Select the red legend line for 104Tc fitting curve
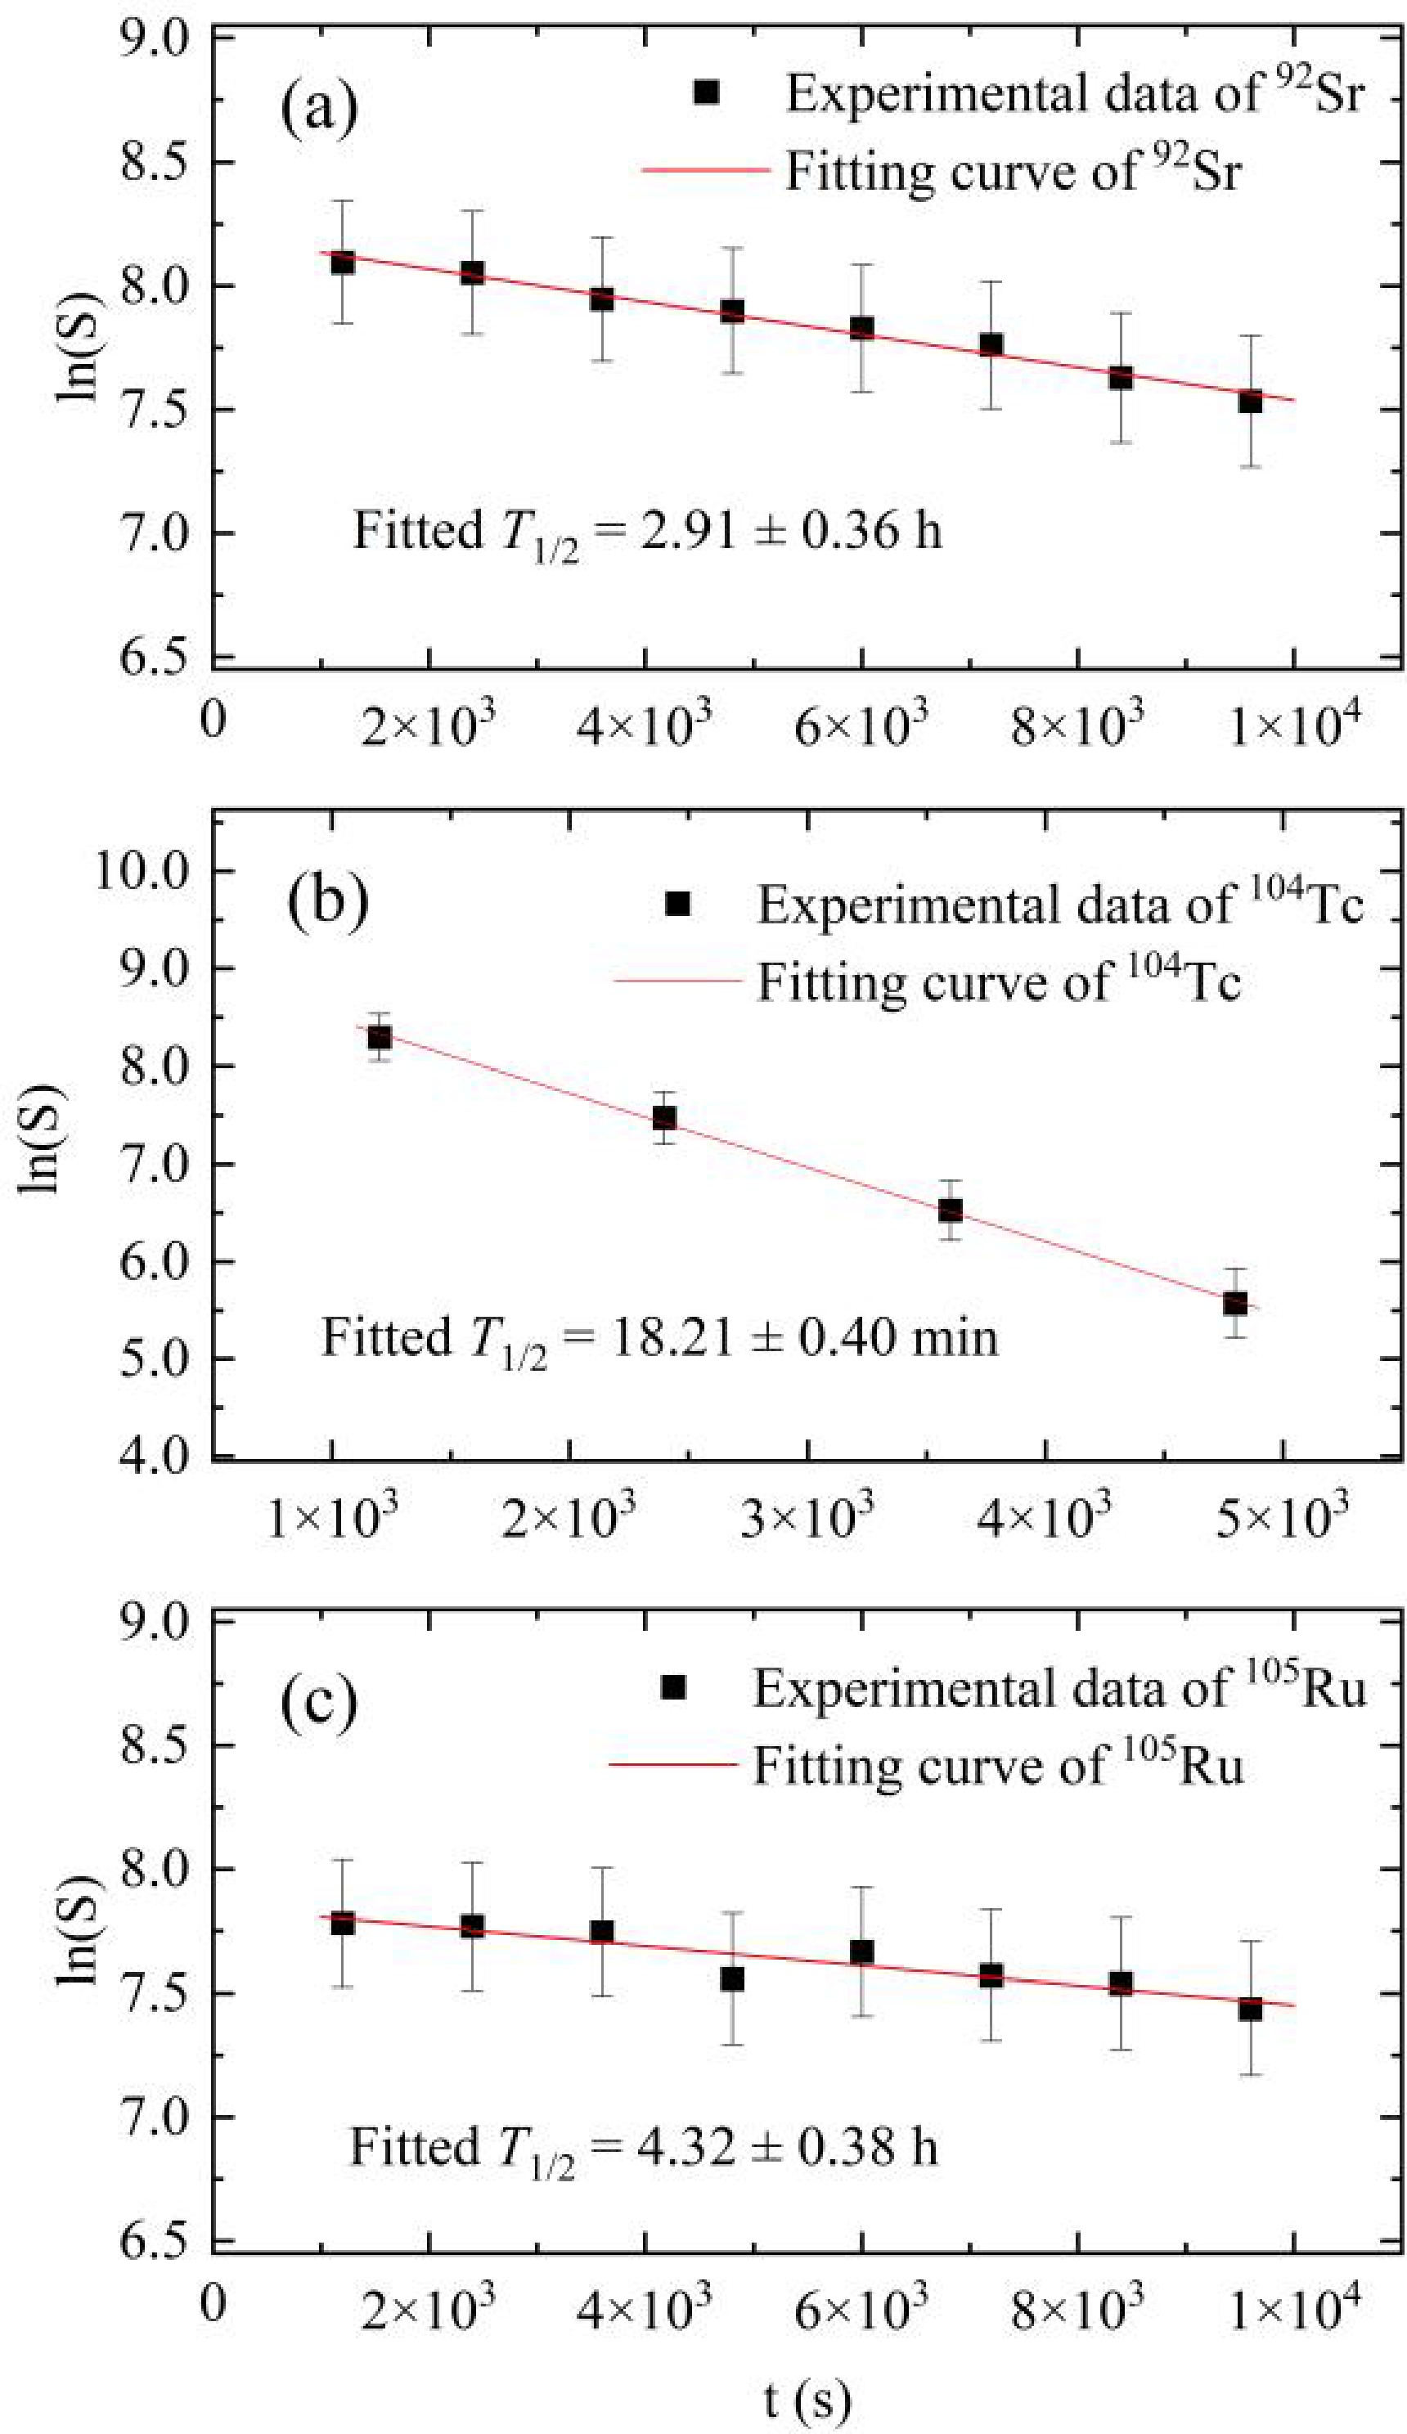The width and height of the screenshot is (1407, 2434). [678, 981]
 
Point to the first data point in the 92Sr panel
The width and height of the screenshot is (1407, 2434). [342, 262]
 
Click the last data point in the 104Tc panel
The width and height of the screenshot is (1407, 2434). [1235, 1303]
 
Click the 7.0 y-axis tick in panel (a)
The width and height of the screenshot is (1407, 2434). [155, 533]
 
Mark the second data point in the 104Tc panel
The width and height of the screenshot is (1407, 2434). [664, 1117]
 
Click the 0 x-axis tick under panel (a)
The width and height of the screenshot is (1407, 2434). [214, 719]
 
